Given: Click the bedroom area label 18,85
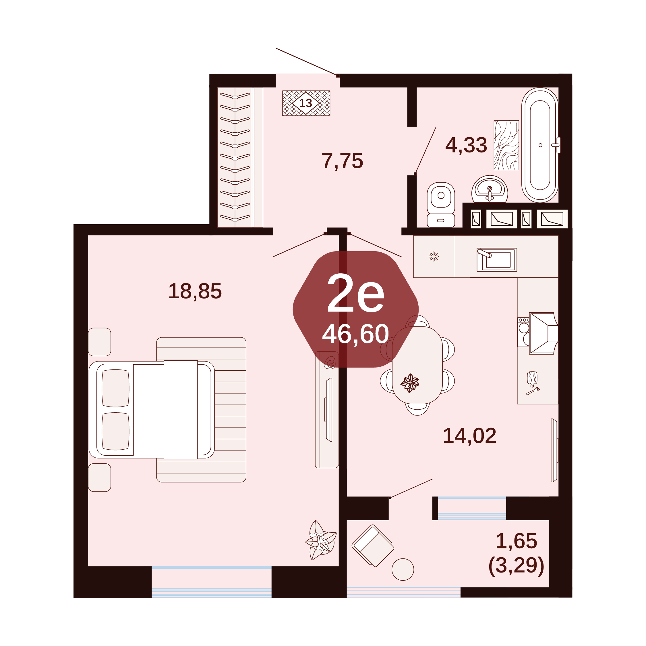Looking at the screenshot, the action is click(195, 291).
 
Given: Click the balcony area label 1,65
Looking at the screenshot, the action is click(516, 541).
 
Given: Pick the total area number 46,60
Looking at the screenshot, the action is click(355, 334).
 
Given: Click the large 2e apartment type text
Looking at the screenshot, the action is click(355, 293).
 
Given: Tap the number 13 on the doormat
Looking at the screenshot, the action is click(305, 103).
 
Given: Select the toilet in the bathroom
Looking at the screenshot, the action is click(441, 205).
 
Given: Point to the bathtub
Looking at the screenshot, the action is click(540, 145).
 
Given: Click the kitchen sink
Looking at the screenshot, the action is click(497, 260).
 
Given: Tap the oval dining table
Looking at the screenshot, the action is click(417, 365).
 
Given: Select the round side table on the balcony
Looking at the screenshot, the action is click(403, 569).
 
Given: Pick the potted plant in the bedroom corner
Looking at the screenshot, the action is click(321, 540).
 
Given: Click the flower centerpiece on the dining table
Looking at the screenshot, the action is click(410, 383).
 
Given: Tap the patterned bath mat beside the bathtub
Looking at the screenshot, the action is click(506, 145).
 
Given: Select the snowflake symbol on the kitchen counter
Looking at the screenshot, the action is click(434, 256).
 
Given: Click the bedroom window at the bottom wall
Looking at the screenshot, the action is click(211, 582).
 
